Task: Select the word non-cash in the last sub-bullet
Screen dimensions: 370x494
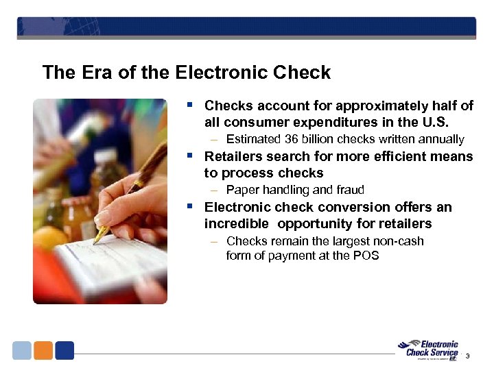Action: (400, 241)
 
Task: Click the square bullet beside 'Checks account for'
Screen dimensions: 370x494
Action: (191, 105)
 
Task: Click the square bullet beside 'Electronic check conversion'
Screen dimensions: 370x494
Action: (191, 206)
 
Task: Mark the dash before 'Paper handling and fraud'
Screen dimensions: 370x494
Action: (215, 190)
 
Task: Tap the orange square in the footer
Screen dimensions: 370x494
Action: (43, 351)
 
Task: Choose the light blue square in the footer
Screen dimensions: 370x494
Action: (22, 351)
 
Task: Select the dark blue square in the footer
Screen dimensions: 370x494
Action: (64, 351)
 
